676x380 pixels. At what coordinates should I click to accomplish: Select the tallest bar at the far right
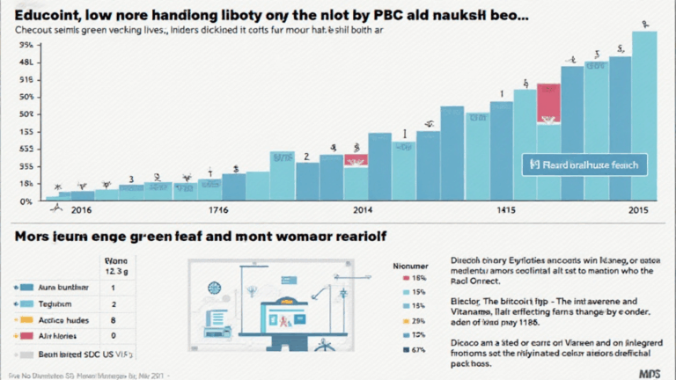(644, 114)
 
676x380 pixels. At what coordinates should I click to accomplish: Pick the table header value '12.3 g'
(115, 272)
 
